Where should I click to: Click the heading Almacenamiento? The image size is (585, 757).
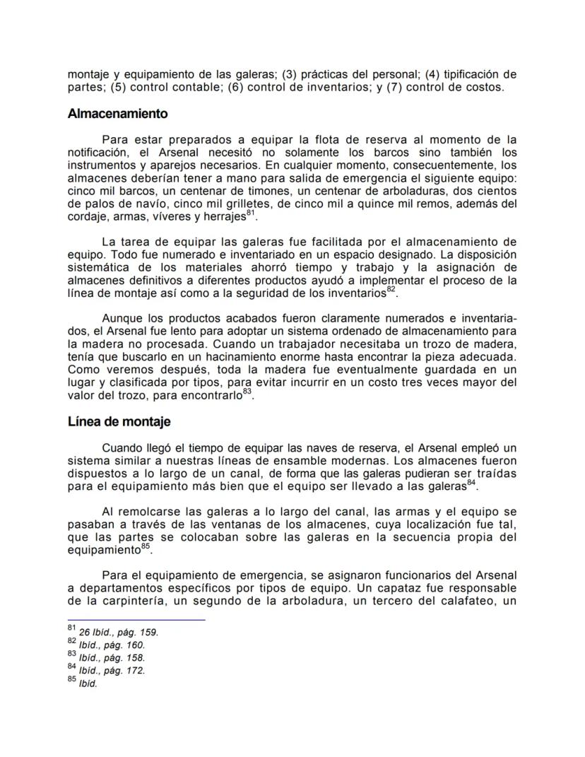pyautogui.click(x=117, y=113)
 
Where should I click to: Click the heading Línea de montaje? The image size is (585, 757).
pyautogui.click(x=119, y=422)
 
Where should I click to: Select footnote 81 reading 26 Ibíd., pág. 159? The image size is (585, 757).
pyautogui.click(x=113, y=632)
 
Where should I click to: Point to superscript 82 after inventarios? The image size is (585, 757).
pyautogui.click(x=391, y=288)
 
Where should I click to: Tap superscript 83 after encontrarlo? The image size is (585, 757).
pyautogui.click(x=247, y=393)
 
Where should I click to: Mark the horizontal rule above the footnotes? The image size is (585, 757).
pyautogui.click(x=136, y=620)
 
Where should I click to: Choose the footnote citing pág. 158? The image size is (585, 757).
pyautogui.click(x=106, y=657)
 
